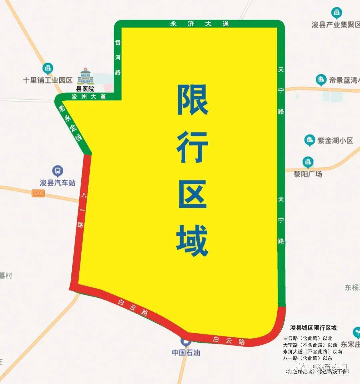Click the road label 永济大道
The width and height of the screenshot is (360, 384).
(x=200, y=24)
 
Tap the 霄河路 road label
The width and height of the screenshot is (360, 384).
(x=118, y=57)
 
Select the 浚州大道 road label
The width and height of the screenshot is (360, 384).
(x=89, y=97)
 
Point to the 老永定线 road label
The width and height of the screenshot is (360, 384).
(x=70, y=124)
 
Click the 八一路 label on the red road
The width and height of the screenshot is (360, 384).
(x=81, y=210)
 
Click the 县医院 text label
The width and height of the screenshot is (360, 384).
(x=85, y=89)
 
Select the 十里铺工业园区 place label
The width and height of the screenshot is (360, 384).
(x=48, y=80)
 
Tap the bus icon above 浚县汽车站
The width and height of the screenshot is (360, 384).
(x=58, y=171)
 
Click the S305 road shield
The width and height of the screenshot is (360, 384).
(x=38, y=193)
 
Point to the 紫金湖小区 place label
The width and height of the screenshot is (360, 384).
(x=335, y=141)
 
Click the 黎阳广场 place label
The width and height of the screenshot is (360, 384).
(x=308, y=174)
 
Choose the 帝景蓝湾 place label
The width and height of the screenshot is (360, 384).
(x=343, y=80)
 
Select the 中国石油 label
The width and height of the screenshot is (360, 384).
(x=186, y=352)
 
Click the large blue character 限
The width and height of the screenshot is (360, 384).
(x=193, y=100)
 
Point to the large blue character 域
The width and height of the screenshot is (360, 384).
(x=192, y=240)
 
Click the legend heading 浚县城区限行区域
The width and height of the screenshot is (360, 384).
(x=313, y=328)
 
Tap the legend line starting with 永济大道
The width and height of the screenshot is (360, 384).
(x=312, y=351)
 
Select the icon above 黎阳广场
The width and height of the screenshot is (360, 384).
(x=308, y=163)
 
